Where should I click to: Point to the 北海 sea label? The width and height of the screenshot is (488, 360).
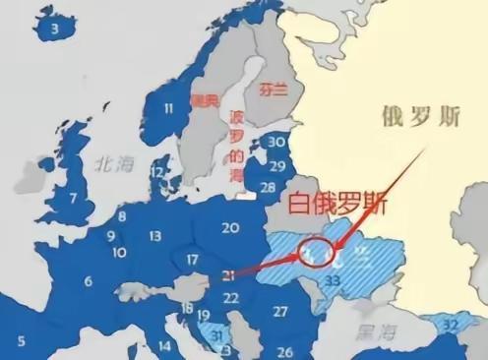106,168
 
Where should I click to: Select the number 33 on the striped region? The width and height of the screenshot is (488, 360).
333,281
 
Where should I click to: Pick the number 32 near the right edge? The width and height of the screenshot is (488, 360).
451,324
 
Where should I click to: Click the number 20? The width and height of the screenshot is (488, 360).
231,228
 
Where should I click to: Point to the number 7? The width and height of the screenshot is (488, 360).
73,198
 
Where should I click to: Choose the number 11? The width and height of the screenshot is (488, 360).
169,108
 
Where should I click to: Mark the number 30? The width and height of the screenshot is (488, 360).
277,142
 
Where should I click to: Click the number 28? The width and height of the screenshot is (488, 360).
268,187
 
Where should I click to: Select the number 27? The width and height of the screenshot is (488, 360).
279,312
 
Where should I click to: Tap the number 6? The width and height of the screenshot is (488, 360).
88,281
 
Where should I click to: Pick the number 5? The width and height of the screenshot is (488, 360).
22,341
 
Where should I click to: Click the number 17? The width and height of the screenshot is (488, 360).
193,260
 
